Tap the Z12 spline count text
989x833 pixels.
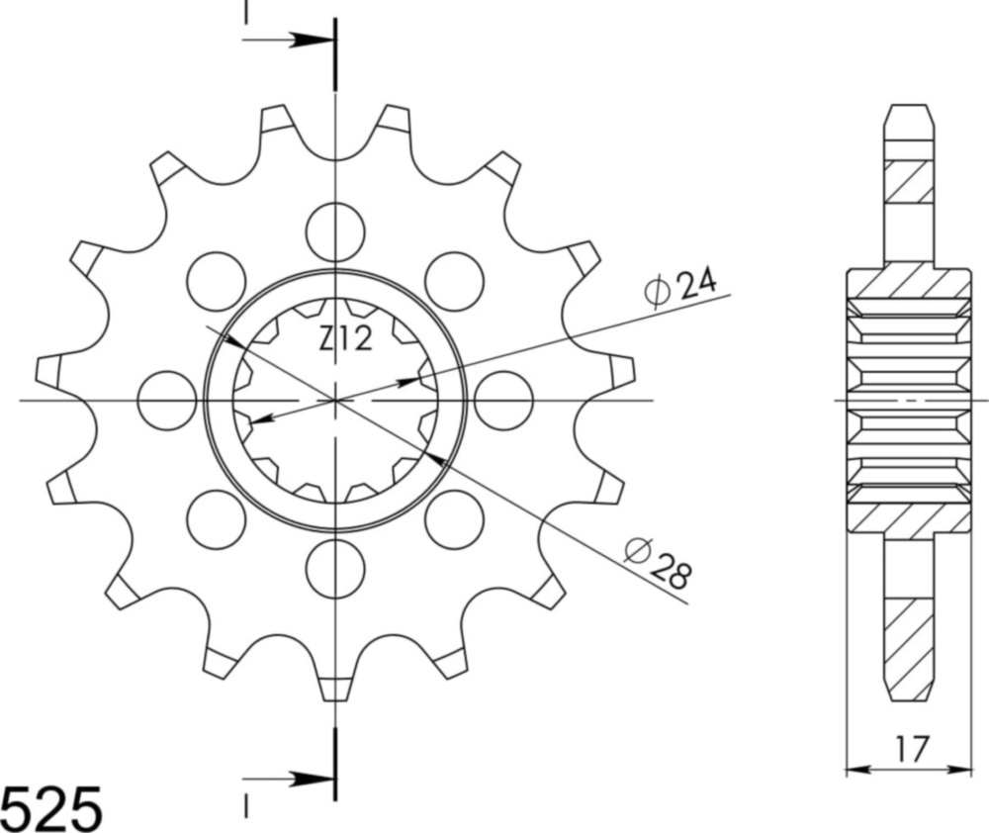345,340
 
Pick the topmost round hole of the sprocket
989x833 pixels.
335,231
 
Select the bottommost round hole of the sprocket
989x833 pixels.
335,570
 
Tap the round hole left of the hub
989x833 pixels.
167,401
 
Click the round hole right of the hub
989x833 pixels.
503,401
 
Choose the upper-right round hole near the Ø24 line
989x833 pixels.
454,281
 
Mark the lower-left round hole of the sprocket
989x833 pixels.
217,519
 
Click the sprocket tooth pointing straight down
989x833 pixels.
335,685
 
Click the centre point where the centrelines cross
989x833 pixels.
335,401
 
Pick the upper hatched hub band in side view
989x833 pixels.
908,284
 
